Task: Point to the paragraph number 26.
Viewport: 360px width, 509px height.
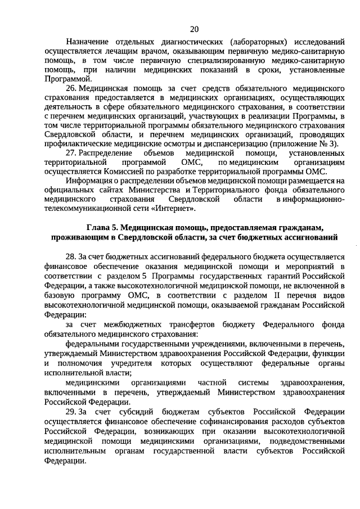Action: (x=71, y=89)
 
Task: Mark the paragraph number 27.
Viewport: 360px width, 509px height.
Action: (x=71, y=153)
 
